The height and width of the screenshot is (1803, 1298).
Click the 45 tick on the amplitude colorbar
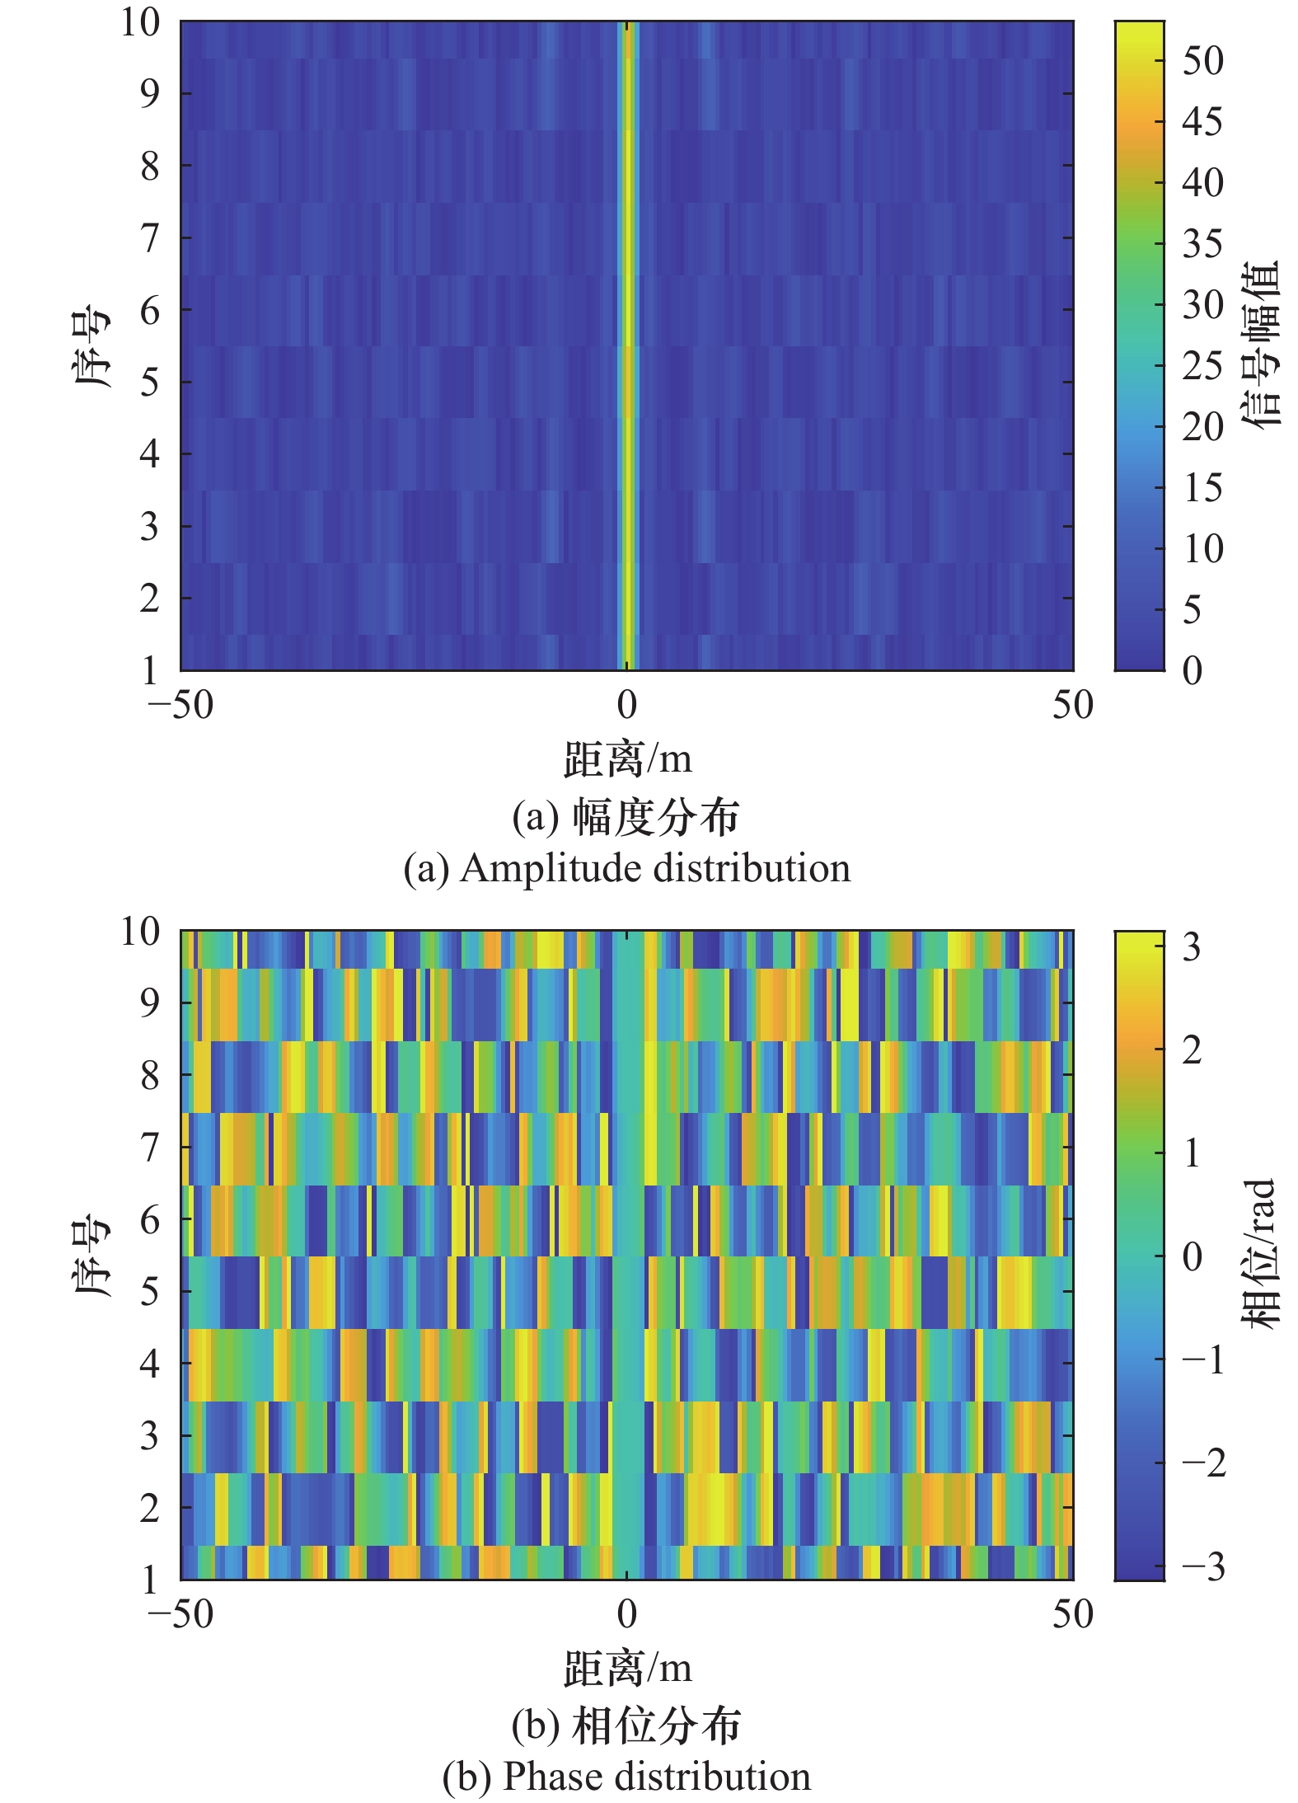(1202, 122)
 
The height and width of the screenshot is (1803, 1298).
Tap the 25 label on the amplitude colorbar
(1202, 365)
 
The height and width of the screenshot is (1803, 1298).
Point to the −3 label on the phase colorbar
(1203, 1566)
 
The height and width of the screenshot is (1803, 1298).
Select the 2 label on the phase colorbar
(1192, 1049)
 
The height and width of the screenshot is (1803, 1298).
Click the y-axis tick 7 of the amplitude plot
(149, 238)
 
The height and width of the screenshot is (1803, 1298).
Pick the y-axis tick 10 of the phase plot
(140, 932)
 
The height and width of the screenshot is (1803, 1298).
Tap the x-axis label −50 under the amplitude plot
(180, 705)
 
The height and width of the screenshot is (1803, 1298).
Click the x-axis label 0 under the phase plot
(627, 1613)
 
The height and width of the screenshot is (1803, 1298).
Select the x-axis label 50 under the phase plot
(1072, 1613)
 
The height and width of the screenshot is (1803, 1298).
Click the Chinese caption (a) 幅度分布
(626, 817)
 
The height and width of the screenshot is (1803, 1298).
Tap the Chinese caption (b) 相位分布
(626, 1726)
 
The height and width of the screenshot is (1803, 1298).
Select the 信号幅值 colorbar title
(1261, 345)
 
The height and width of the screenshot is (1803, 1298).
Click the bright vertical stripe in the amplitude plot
(628, 346)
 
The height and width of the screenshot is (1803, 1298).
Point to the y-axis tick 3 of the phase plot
(149, 1436)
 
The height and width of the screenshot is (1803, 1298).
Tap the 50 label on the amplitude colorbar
(1202, 61)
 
